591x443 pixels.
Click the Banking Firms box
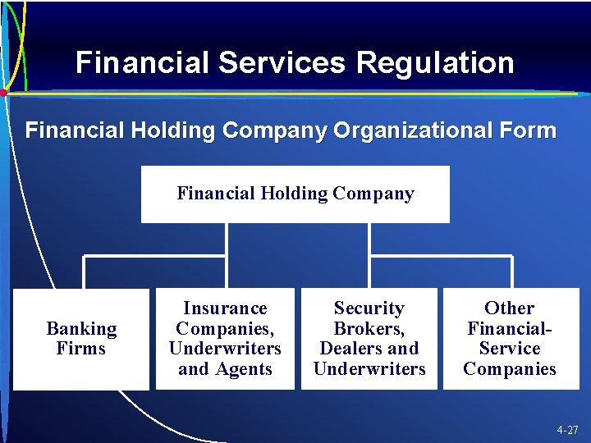tap(81, 339)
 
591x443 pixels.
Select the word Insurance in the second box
tap(225, 308)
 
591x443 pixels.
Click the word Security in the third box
tap(369, 308)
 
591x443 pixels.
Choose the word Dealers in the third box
tap(349, 349)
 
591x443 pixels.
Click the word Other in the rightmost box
tap(509, 308)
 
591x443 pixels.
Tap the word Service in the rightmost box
tap(509, 349)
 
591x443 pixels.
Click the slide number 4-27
tap(566, 429)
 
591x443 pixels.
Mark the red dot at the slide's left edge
tap(3, 94)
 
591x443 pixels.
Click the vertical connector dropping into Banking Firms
tap(83, 272)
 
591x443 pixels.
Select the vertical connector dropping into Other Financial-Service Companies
tap(511, 272)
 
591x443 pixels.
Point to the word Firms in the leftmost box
tap(81, 349)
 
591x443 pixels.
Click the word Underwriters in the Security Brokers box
tap(369, 369)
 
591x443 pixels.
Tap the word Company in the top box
tap(373, 194)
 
